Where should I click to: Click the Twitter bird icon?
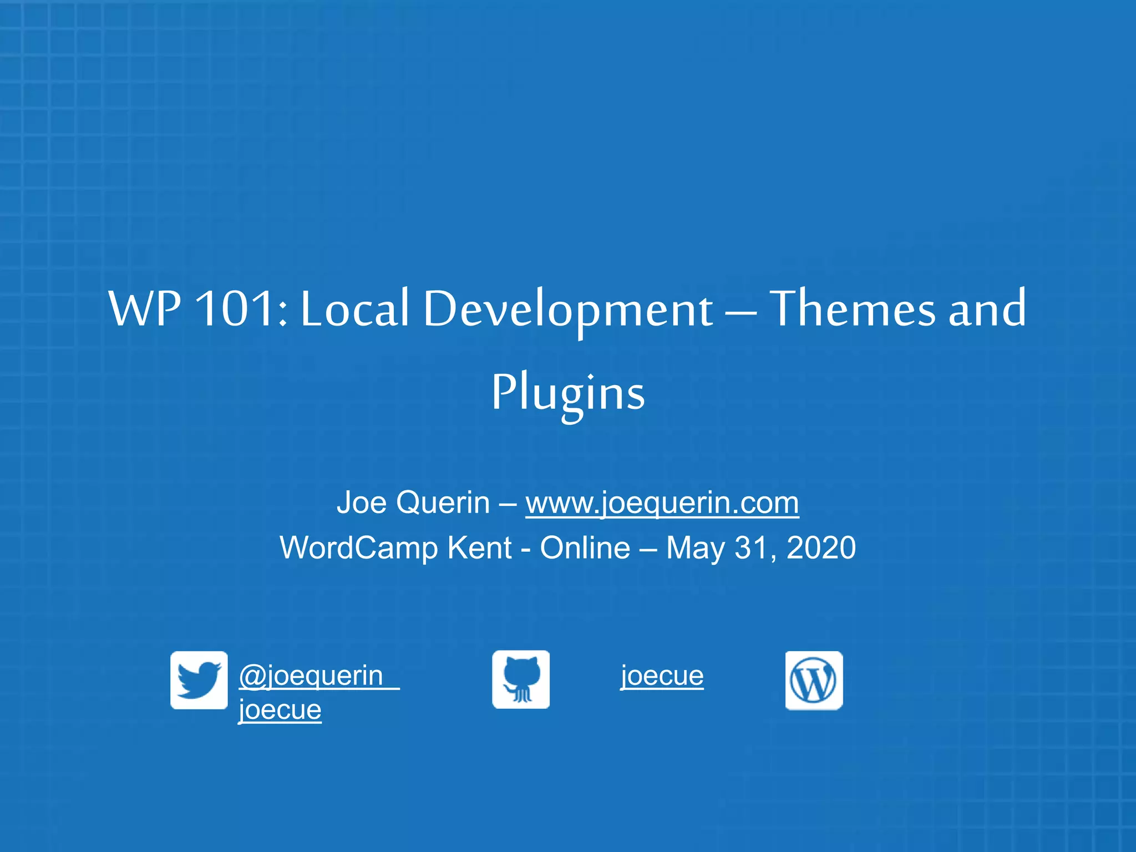[x=199, y=680]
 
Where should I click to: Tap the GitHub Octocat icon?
[x=521, y=679]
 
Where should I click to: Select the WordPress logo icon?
[x=814, y=681]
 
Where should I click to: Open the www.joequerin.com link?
[x=662, y=503]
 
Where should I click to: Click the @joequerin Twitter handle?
[x=311, y=676]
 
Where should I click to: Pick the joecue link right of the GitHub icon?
[x=662, y=676]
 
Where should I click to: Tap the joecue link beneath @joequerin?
[x=280, y=709]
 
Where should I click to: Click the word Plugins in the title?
[x=568, y=393]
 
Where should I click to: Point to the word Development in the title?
[x=568, y=310]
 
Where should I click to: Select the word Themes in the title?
[x=854, y=308]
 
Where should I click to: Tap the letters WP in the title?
[x=145, y=308]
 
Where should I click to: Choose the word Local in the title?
[x=354, y=308]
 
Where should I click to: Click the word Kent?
[x=479, y=548]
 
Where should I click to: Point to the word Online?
[x=585, y=548]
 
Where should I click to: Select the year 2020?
[x=821, y=548]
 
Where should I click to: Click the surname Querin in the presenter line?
[x=443, y=503]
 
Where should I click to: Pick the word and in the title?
[x=987, y=308]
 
